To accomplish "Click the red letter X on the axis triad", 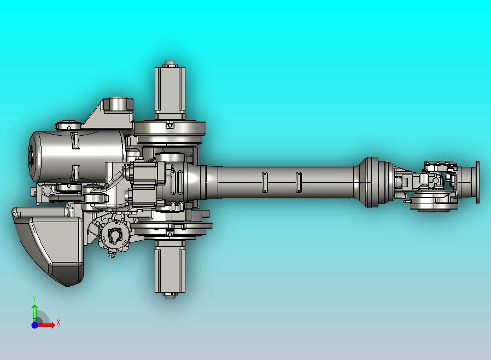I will [59, 323].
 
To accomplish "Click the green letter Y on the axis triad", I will [34, 299].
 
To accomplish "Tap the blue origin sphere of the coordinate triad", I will [34, 325].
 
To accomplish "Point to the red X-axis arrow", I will [47, 325].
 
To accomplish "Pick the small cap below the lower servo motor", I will [170, 295].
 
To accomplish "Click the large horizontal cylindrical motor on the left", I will [77, 156].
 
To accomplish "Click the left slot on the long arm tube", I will [265, 182].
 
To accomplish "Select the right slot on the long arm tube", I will [299, 182].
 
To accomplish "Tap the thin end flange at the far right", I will [477, 182].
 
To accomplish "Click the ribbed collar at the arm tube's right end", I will [372, 182].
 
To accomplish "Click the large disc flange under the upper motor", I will [170, 129].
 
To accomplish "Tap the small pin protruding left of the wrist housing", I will [407, 201].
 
